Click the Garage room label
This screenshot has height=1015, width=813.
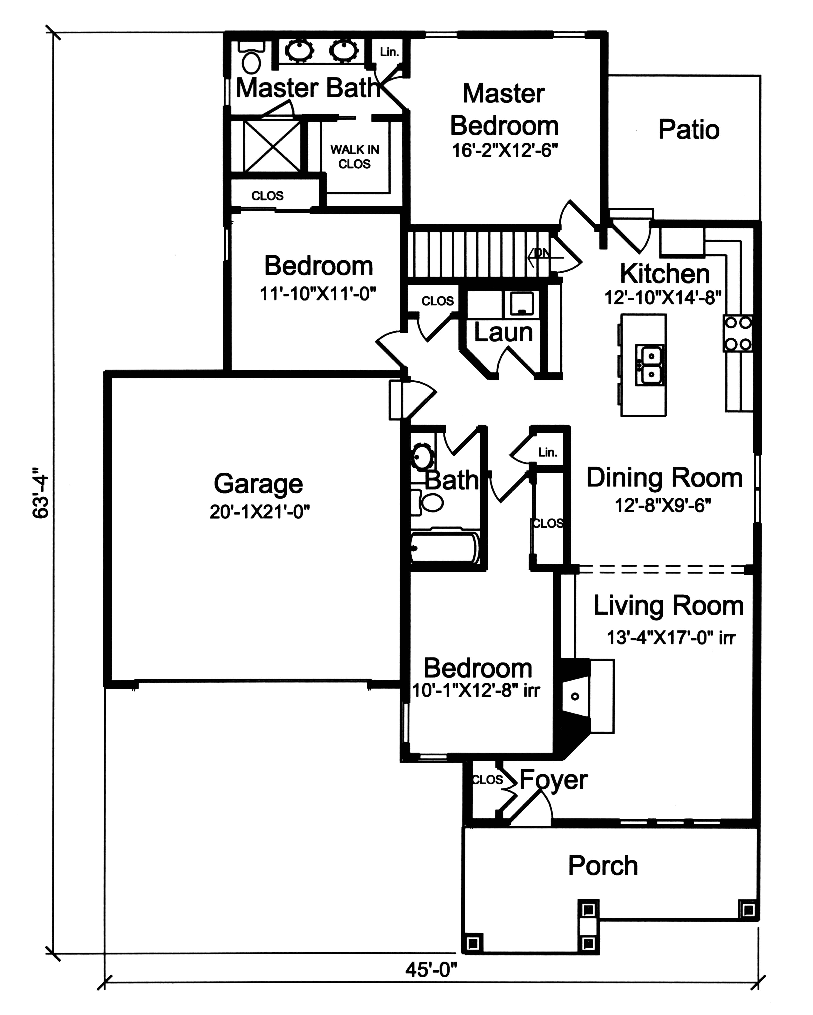point(258,484)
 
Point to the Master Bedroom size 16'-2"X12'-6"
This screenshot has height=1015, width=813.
point(505,151)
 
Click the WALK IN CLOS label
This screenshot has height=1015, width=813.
point(354,157)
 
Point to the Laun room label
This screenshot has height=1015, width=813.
point(503,332)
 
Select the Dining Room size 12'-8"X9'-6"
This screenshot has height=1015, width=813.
point(663,506)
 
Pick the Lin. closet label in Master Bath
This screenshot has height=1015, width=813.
point(389,52)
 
